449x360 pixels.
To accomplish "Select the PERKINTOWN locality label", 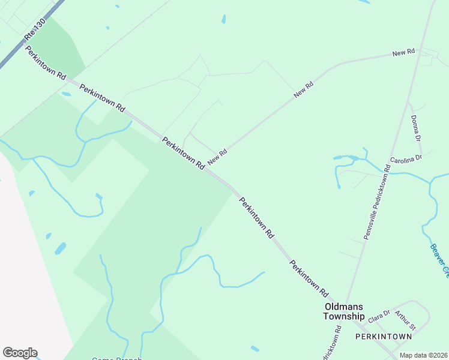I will click(x=384, y=337).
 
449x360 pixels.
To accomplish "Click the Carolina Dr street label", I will click(x=406, y=160).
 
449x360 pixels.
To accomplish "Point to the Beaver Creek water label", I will click(x=439, y=260).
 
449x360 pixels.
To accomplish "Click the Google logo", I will click(x=20, y=353).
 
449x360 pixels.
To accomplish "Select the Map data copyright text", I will click(x=423, y=355).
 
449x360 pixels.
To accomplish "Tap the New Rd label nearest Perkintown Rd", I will click(x=217, y=157).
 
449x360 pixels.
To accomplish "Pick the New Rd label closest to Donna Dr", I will click(x=404, y=53).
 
